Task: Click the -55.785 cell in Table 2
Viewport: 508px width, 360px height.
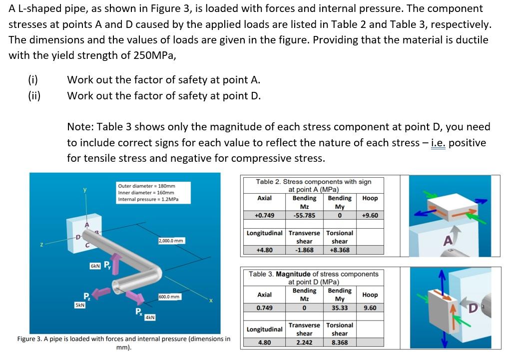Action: coord(304,216)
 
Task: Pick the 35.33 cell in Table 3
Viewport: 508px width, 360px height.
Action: coord(339,308)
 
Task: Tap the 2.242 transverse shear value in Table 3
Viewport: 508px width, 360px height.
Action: coord(304,343)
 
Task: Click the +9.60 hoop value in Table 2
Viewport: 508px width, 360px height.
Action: coord(370,216)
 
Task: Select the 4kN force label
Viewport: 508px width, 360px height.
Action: coord(150,317)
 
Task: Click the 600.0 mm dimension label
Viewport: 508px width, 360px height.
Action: coord(168,297)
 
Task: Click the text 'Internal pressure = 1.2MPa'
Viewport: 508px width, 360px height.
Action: coord(147,200)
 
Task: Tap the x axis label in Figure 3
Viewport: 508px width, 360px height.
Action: coord(211,301)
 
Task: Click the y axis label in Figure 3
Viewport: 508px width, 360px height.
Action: coord(85,190)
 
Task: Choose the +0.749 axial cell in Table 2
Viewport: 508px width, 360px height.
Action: coord(264,216)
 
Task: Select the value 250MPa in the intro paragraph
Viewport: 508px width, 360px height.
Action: coord(153,55)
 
